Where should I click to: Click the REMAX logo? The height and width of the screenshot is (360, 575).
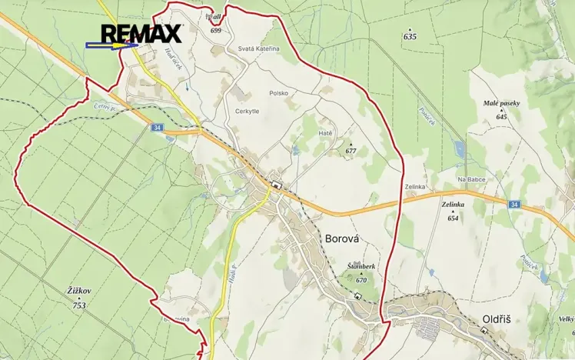point(141,33)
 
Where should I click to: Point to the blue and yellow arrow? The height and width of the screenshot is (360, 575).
point(111,46)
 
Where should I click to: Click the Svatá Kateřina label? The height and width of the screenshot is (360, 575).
point(258,49)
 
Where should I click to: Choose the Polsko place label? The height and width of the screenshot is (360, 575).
point(278,93)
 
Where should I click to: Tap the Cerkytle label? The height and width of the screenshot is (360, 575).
point(248,111)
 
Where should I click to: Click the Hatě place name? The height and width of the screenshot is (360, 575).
point(325,132)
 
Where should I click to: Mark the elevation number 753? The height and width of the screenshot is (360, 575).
point(79,305)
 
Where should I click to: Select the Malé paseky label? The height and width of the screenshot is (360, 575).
point(501,104)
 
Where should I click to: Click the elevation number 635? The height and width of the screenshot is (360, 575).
point(409,36)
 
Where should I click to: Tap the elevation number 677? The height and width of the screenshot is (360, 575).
point(351,151)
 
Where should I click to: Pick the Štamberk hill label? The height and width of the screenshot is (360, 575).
point(361,266)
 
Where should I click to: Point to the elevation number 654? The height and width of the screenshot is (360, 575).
point(453,218)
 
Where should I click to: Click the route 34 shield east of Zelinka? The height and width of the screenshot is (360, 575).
point(514,204)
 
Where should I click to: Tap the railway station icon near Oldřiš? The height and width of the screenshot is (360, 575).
point(484,332)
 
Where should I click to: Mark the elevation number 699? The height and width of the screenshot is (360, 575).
point(215,30)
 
